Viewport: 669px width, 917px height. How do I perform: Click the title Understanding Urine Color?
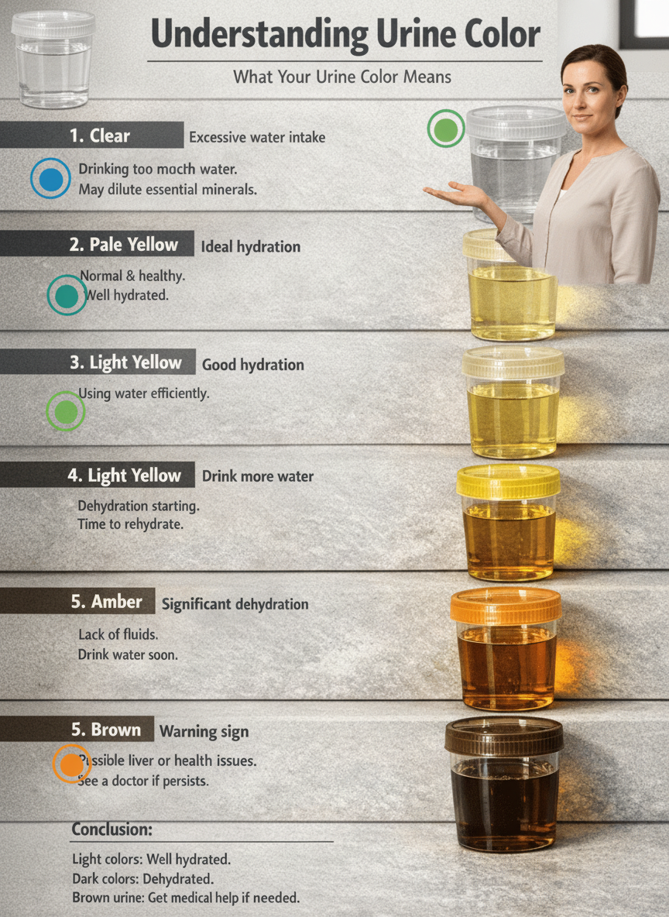[x=345, y=33]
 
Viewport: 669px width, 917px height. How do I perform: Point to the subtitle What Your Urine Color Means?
[x=342, y=77]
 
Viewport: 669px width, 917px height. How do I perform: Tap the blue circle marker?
[x=50, y=178]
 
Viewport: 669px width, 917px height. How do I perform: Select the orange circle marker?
[x=71, y=764]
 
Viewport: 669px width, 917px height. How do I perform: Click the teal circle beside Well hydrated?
[x=67, y=295]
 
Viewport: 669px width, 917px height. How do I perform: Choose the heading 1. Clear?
[x=100, y=136]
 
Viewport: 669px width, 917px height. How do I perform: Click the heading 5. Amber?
[x=106, y=601]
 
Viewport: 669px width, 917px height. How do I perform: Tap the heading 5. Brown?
[x=106, y=730]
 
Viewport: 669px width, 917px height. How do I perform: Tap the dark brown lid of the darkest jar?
[x=504, y=737]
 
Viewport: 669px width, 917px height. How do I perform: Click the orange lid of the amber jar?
[x=506, y=606]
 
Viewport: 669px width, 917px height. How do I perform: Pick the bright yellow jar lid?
[x=508, y=482]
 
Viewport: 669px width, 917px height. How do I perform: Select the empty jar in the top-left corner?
[x=53, y=59]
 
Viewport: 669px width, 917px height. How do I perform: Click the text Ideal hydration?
[x=251, y=247]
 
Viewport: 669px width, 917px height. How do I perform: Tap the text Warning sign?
[x=204, y=732]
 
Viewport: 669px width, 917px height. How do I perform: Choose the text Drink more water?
[x=258, y=476]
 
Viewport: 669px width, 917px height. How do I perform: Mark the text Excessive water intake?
[x=257, y=137]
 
